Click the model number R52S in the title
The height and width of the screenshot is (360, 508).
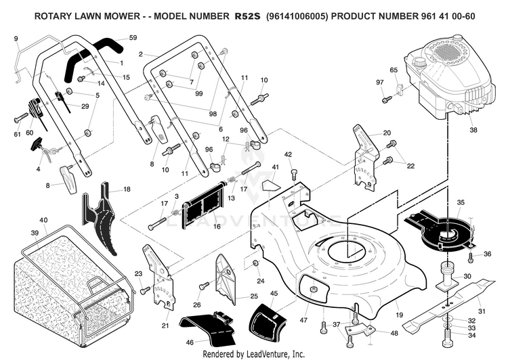coord(247,16)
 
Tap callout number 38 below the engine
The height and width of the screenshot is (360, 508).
coord(473,130)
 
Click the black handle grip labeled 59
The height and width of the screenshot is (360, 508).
coord(94,58)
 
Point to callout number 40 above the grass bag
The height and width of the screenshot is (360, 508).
coord(43,220)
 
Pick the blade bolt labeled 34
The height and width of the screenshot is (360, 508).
coord(447,337)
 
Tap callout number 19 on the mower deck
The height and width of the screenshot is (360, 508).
coord(399,315)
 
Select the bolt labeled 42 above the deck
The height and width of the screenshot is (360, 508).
coord(294,175)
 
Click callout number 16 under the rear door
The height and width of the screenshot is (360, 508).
coord(217,226)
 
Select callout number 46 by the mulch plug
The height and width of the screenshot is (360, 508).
coord(190,342)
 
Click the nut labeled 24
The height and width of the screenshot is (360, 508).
coord(255,263)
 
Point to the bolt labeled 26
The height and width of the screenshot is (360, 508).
coord(203,286)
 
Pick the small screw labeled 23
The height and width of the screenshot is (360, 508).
coord(145,290)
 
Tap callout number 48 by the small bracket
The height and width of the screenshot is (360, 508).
coord(394,333)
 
